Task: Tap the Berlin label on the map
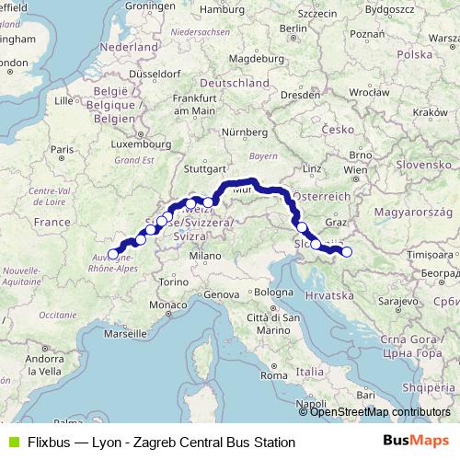point(293,29)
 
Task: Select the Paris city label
point(62,149)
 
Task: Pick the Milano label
point(203,255)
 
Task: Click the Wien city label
point(354,170)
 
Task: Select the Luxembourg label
point(139,144)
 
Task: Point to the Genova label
point(221,294)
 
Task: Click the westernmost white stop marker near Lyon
point(114,255)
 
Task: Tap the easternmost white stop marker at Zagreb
point(347,252)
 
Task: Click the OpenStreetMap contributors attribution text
point(379,412)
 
